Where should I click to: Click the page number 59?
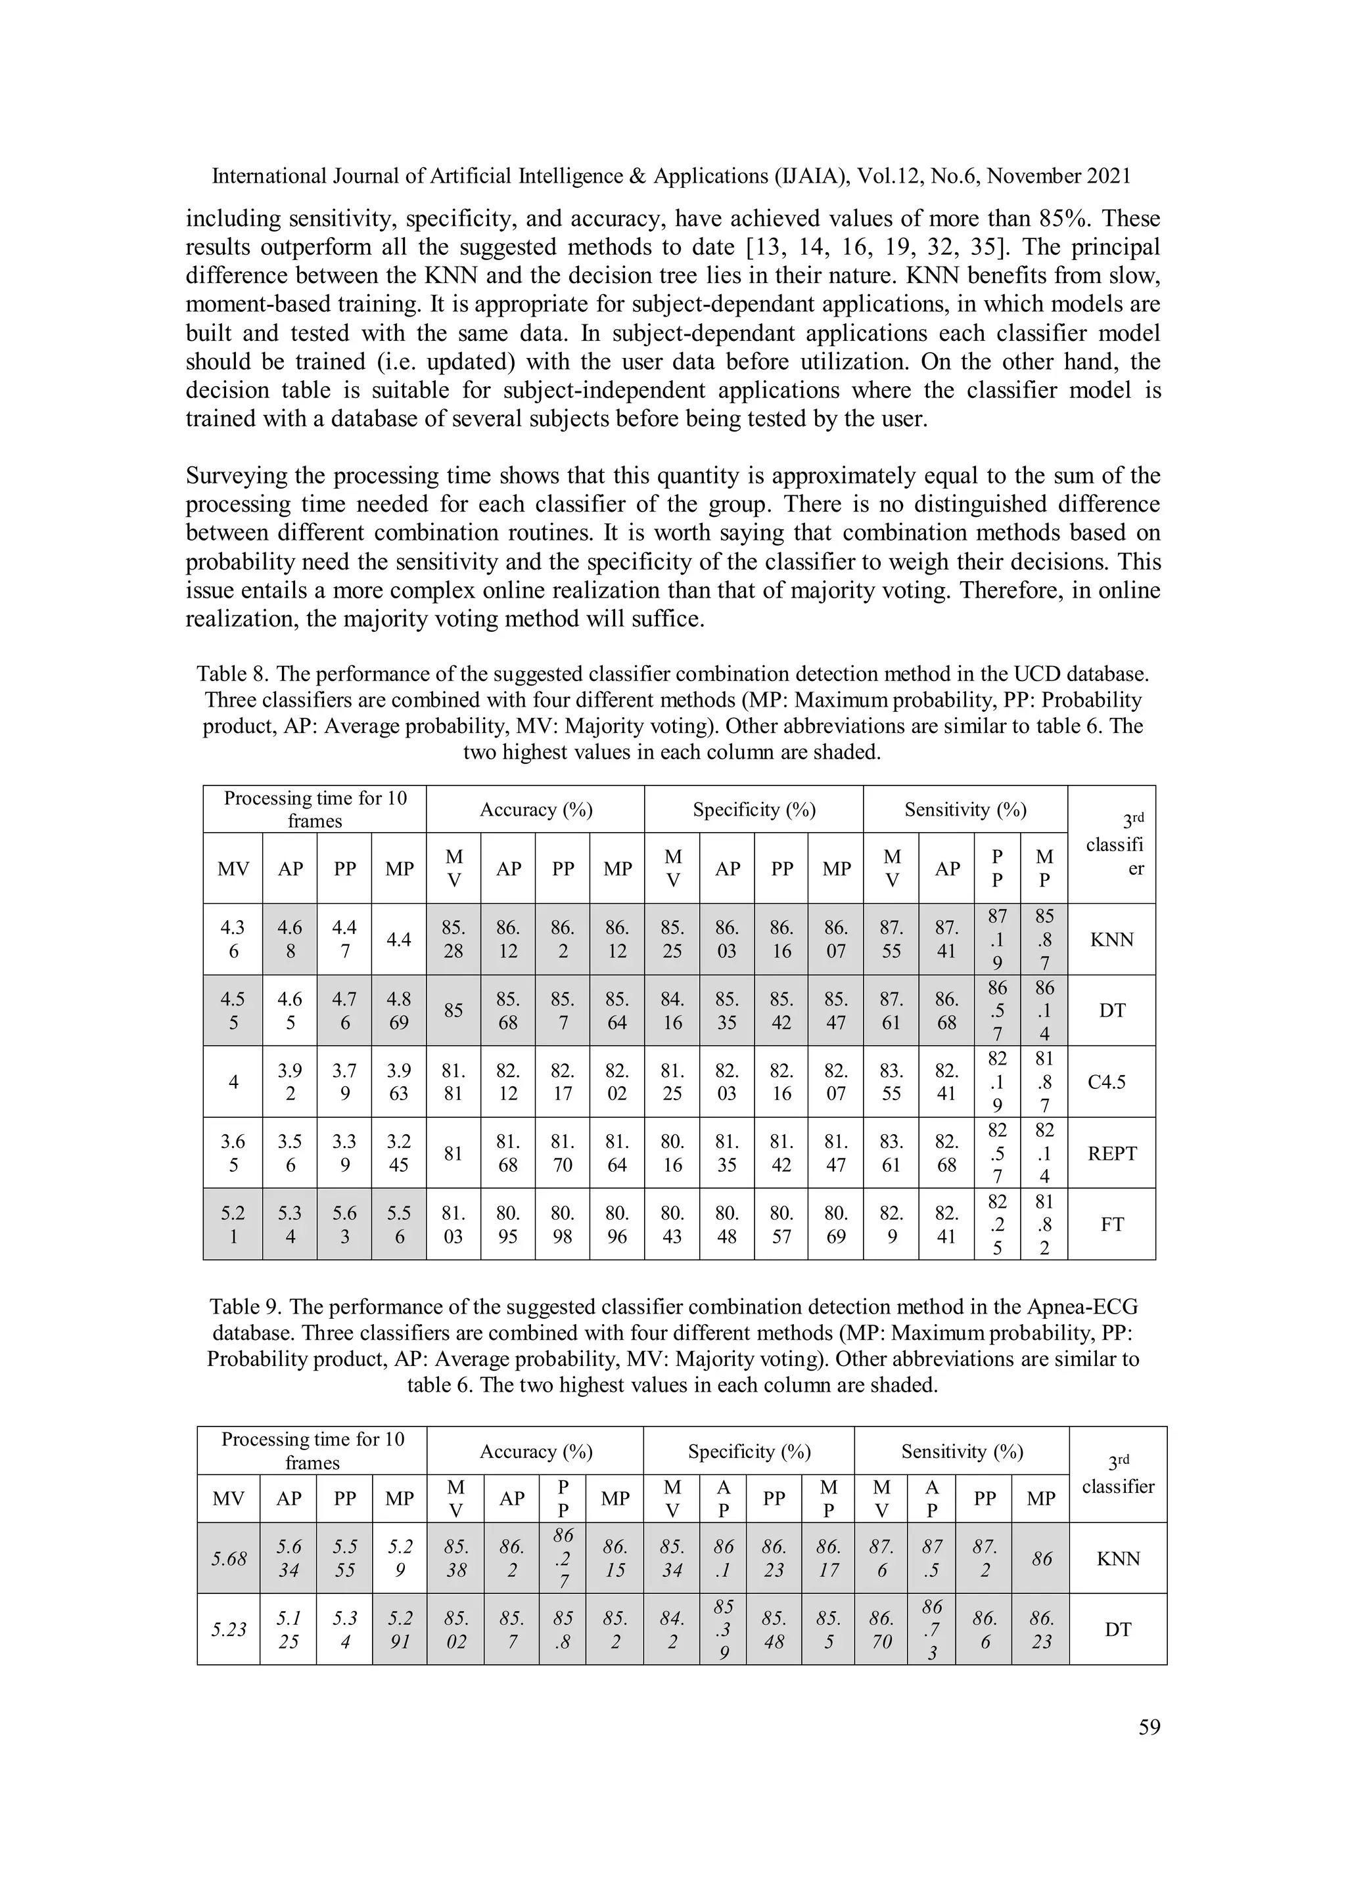point(1149,1727)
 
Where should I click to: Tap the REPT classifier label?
point(1111,1153)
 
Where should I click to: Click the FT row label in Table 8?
point(1111,1224)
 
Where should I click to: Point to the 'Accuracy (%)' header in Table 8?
point(536,809)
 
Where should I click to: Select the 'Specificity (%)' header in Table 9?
point(749,1451)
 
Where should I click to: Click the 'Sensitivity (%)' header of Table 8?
point(965,809)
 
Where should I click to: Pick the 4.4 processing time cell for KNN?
point(400,939)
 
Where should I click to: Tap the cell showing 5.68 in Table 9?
point(229,1559)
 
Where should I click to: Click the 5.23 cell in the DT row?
point(229,1629)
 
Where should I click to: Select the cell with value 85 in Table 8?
point(453,1011)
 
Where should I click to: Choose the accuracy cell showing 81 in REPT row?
point(453,1153)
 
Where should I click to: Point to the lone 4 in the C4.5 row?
point(233,1082)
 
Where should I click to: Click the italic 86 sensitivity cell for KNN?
point(1041,1559)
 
